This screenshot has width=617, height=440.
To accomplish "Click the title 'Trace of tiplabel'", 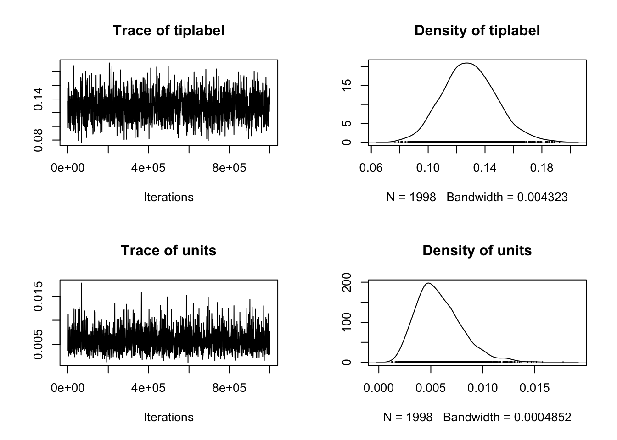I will point(168,31).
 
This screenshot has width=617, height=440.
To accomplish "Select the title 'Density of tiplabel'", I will point(477,31).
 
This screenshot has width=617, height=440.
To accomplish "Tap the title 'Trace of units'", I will point(168,251).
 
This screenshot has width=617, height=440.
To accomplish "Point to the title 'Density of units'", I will point(477,251).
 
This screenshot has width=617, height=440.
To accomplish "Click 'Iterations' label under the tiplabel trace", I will point(168,198).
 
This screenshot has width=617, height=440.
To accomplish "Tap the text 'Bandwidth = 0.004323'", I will point(507,198).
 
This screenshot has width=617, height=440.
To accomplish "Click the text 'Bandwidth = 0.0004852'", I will point(507,418).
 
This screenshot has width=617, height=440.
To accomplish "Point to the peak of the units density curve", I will point(428,283).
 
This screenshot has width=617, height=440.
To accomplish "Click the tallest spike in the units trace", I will point(82,283).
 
